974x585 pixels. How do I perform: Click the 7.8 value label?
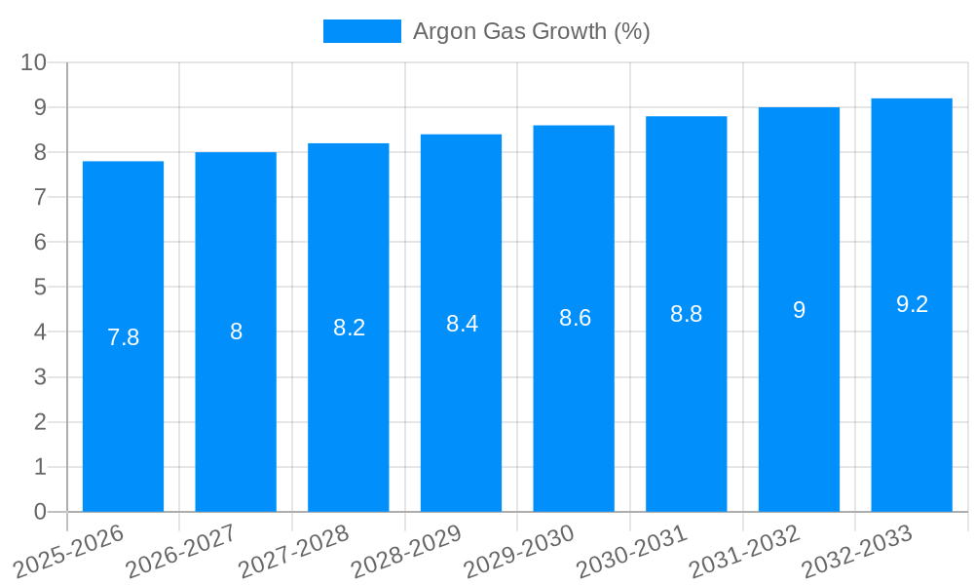pyautogui.click(x=123, y=337)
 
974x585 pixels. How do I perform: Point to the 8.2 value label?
pyautogui.click(x=349, y=328)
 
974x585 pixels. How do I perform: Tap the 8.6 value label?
pyautogui.click(x=575, y=318)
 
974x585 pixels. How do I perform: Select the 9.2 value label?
pyautogui.click(x=912, y=304)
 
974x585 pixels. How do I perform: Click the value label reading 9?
pyautogui.click(x=799, y=310)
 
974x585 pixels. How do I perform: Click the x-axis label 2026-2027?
pyautogui.click(x=181, y=552)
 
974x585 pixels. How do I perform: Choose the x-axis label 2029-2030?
pyautogui.click(x=519, y=552)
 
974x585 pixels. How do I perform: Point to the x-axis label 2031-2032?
pyautogui.click(x=745, y=552)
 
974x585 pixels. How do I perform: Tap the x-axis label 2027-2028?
pyautogui.click(x=294, y=552)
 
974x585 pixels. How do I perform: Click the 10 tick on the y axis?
pyautogui.click(x=34, y=62)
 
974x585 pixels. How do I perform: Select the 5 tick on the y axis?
pyautogui.click(x=40, y=288)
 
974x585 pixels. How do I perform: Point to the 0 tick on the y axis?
pyautogui.click(x=40, y=512)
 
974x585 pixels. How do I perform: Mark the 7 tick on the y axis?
pyautogui.click(x=40, y=197)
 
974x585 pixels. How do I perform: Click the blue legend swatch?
pyautogui.click(x=361, y=31)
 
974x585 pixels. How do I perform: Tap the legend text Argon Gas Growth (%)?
pyautogui.click(x=531, y=31)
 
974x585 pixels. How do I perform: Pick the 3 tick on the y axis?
pyautogui.click(x=40, y=377)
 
